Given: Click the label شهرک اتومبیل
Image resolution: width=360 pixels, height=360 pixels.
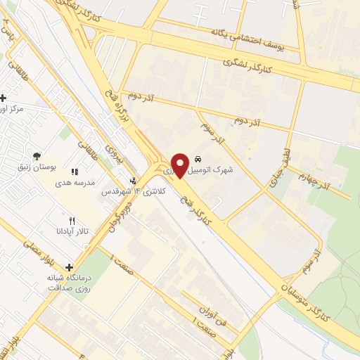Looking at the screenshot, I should tap(213, 169).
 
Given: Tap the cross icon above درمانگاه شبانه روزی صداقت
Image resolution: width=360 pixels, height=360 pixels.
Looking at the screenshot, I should tap(69, 266).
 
